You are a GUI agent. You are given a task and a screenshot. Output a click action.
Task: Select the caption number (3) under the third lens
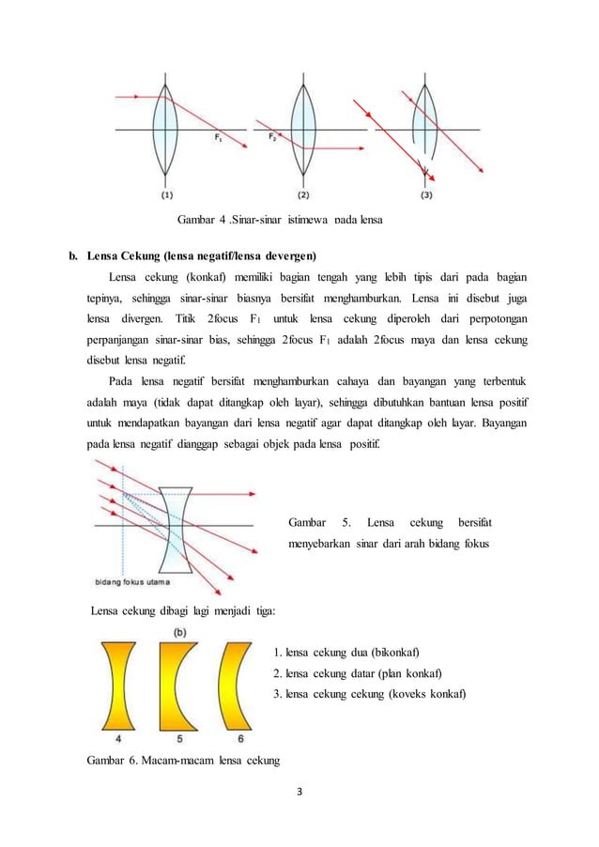point(427,195)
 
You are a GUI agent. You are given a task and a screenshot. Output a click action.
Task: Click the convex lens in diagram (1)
point(166,128)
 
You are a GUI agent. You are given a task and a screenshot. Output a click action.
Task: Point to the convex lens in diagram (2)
point(303,128)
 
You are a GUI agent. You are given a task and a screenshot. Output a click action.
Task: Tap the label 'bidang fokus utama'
point(133,579)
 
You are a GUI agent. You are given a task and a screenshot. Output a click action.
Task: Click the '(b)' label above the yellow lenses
point(177,632)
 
